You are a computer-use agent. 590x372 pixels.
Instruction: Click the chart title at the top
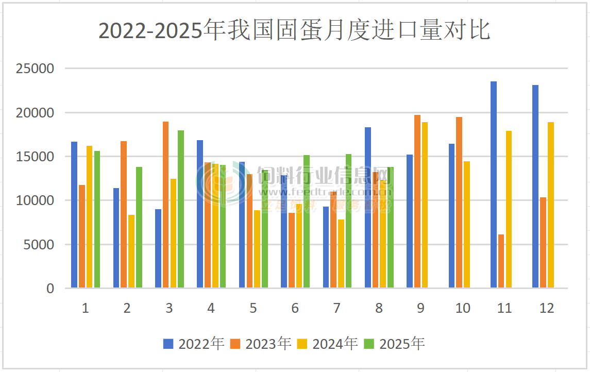[x=294, y=31]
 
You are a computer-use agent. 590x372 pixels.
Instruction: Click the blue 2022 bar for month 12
[x=535, y=186]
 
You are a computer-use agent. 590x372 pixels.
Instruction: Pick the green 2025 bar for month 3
[x=181, y=209]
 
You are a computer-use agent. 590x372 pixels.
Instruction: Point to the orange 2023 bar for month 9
[x=417, y=201]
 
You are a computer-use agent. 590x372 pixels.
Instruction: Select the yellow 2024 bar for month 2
[x=131, y=251]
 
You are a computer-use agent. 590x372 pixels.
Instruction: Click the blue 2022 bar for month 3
[x=158, y=248]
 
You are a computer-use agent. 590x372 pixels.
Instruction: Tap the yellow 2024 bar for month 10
[x=467, y=224]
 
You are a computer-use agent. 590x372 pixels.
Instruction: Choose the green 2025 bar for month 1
[x=97, y=219]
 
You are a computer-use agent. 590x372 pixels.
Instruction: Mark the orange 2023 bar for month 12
[x=543, y=242]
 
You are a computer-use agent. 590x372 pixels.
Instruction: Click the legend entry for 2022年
[x=194, y=344]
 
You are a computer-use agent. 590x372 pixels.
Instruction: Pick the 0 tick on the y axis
[x=50, y=289]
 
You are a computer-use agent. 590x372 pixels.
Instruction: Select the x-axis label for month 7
[x=337, y=308]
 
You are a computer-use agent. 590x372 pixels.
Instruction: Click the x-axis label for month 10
[x=463, y=308]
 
